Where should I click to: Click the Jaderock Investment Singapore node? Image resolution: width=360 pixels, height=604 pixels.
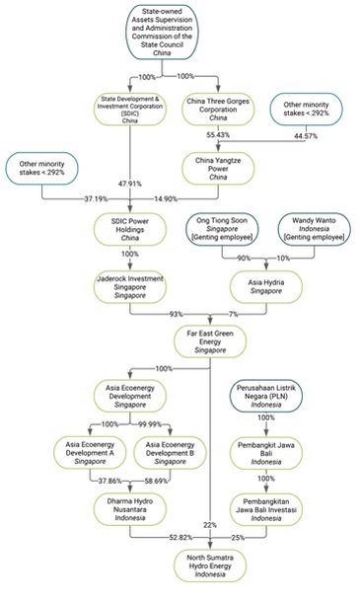point(131,285)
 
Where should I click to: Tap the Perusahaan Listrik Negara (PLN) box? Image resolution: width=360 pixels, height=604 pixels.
point(266,396)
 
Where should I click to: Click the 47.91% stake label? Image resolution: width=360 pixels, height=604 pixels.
point(131,184)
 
